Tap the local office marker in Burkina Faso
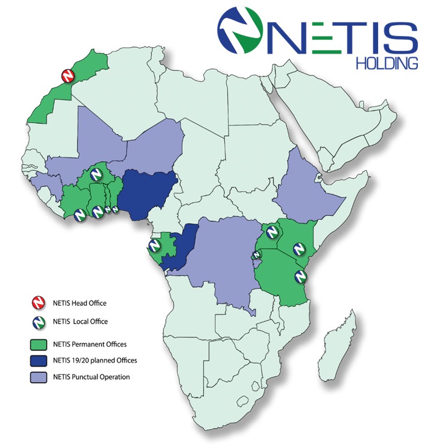click(x=96, y=174)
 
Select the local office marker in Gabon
click(x=154, y=246)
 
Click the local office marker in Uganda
click(x=272, y=232)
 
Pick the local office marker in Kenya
click(x=299, y=249)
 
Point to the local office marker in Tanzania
click(x=301, y=276)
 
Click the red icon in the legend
click(x=35, y=304)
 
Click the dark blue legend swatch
click(x=35, y=361)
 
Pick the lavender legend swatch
click(x=35, y=377)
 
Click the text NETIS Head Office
click(x=79, y=303)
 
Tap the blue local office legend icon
click(x=35, y=322)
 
